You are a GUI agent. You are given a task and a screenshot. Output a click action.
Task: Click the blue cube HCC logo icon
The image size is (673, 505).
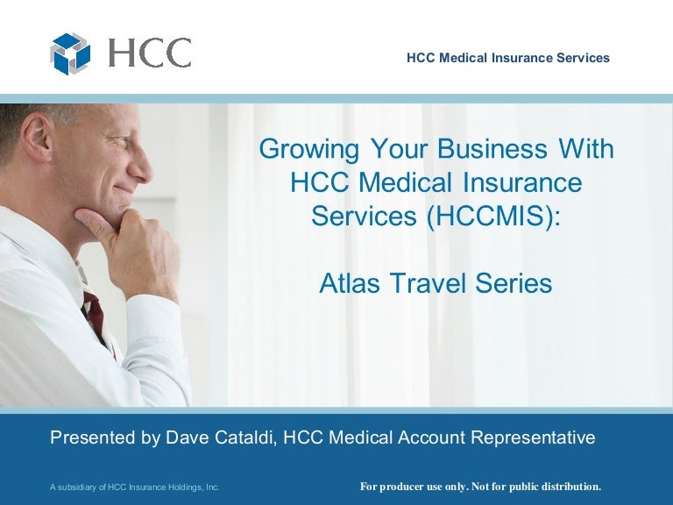coord(69,53)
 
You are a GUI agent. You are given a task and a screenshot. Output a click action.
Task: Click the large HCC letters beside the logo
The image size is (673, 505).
coord(149,53)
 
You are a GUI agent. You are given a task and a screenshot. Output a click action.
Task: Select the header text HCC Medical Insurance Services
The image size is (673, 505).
coord(508,58)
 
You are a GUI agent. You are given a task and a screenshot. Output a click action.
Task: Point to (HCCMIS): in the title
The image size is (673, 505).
coord(490,216)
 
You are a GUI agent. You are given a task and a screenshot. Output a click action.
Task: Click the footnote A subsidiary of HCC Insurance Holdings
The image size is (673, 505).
coord(134,487)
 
